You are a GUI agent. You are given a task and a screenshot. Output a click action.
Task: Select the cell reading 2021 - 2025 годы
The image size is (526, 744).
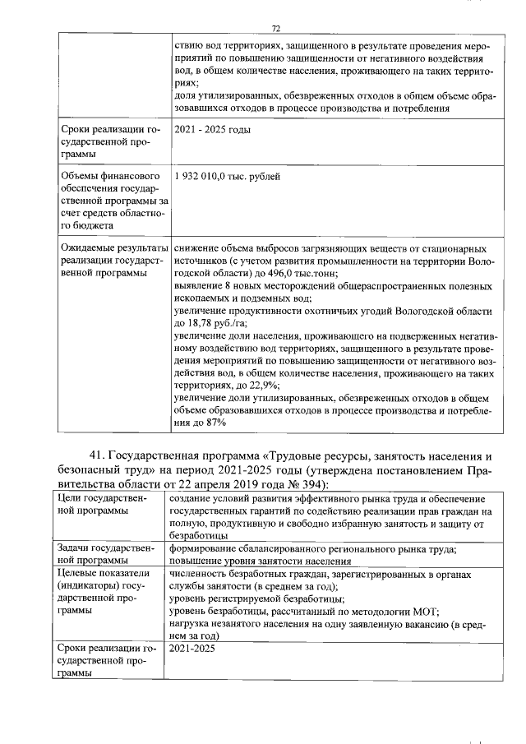click(x=212, y=130)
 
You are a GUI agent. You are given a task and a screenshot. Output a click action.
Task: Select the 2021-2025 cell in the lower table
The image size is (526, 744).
click(x=190, y=649)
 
